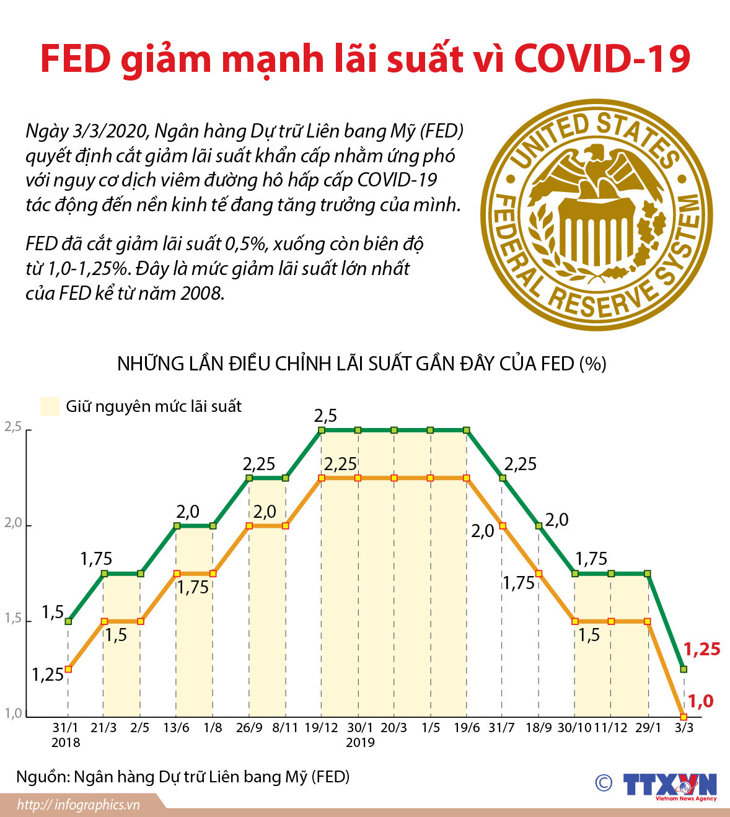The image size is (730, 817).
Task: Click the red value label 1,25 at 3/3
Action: [x=701, y=649]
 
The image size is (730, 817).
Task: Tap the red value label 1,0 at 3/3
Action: [x=701, y=701]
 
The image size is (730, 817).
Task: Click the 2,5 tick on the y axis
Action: [x=13, y=427]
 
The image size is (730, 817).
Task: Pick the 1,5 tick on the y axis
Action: [x=13, y=618]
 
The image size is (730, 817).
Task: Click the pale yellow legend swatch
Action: [x=50, y=406]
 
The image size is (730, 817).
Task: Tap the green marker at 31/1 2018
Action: [x=68, y=621]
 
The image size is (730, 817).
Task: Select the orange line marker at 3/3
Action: [x=684, y=717]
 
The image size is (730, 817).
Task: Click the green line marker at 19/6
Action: [x=467, y=430]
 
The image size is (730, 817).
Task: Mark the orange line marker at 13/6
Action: [x=177, y=574]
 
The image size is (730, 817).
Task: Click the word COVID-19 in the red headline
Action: [x=602, y=59]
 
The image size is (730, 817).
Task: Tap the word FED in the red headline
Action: [x=75, y=59]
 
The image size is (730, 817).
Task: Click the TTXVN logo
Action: [x=669, y=785]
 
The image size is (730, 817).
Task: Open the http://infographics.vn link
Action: [x=79, y=805]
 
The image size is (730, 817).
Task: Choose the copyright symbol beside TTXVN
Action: [x=604, y=783]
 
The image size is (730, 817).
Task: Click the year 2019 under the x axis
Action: [x=360, y=743]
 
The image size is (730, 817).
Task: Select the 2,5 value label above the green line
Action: [x=325, y=416]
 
